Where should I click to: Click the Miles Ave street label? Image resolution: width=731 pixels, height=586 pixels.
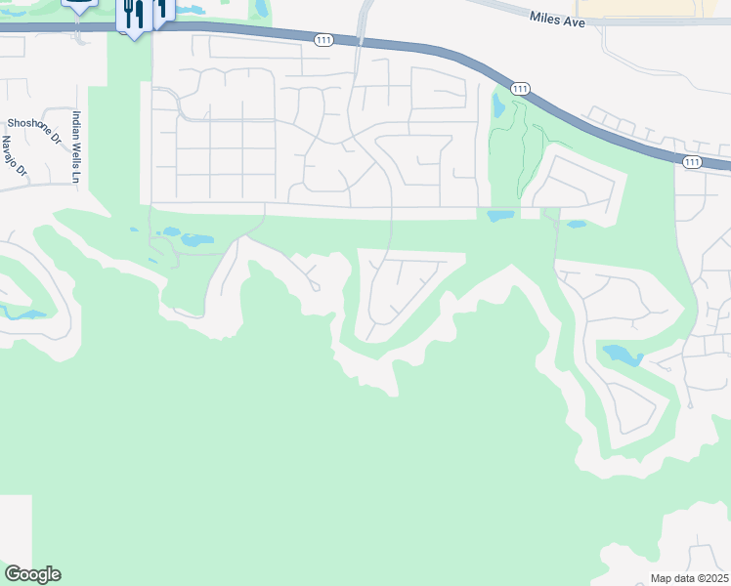(557, 19)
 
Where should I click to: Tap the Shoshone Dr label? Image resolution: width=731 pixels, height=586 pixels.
(33, 123)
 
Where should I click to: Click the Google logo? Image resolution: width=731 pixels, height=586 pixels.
(32, 574)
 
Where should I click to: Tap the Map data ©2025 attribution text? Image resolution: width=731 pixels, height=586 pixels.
(689, 578)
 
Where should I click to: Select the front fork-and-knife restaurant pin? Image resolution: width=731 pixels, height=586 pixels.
(134, 15)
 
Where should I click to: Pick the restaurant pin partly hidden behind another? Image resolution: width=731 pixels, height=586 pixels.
(161, 10)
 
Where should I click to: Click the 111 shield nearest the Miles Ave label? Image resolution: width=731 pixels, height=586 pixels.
(520, 89)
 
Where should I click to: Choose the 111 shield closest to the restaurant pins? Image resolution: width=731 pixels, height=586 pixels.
(324, 40)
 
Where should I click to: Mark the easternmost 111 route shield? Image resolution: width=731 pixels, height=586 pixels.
(692, 161)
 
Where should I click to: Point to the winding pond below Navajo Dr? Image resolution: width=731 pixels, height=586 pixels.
(24, 314)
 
